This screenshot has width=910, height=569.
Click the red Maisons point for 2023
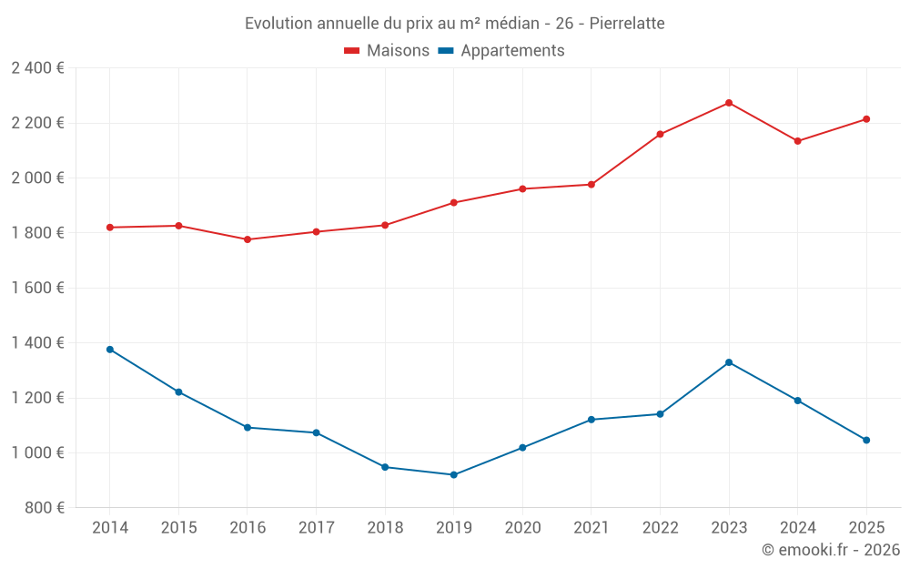(729, 103)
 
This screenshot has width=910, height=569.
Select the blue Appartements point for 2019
(453, 474)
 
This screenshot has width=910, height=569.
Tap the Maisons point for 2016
(248, 239)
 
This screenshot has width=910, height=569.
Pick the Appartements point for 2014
(110, 350)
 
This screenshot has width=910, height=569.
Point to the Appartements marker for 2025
(866, 440)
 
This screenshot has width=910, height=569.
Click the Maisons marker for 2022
(660, 134)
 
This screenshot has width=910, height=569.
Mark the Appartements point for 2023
(729, 362)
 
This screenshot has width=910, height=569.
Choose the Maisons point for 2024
(798, 141)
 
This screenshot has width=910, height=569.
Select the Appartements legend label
(512, 51)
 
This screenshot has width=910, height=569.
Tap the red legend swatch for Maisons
(352, 51)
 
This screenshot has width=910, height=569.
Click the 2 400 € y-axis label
(37, 68)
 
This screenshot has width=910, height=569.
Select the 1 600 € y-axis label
(37, 288)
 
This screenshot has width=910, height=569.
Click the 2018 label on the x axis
(385, 528)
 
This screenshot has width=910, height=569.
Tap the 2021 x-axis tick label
(591, 528)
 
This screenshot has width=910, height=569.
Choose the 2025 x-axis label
(866, 528)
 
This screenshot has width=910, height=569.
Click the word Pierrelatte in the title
(627, 23)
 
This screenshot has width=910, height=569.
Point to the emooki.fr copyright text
(830, 550)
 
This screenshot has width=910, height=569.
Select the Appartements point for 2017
(316, 432)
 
